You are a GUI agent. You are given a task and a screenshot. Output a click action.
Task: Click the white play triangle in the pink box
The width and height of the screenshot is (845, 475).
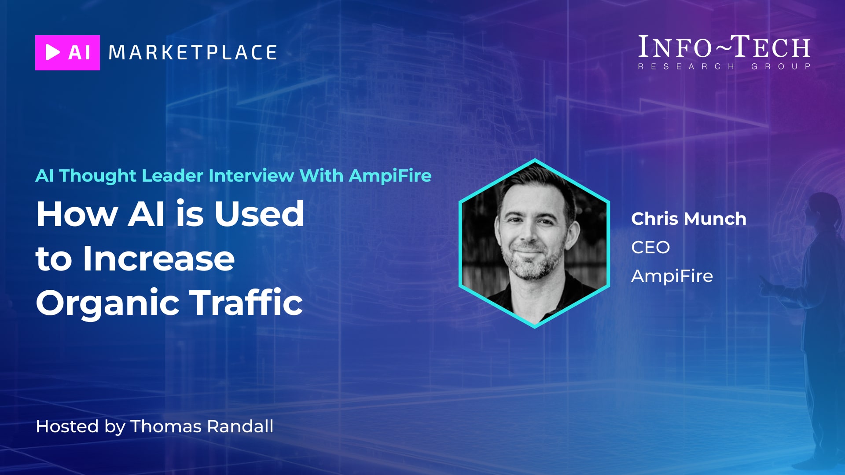coord(52,52)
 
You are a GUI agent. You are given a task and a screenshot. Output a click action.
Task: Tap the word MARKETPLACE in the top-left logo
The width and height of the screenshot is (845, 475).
coord(193,53)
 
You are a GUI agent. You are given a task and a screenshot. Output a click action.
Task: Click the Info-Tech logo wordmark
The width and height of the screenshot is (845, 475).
coord(724,47)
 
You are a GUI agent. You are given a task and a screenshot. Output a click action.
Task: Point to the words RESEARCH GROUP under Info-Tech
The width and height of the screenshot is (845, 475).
coord(724,66)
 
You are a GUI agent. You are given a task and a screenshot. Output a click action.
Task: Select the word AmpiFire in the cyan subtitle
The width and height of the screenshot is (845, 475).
coord(390,176)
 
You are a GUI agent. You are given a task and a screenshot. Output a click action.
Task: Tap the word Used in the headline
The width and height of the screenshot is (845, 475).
coord(259,214)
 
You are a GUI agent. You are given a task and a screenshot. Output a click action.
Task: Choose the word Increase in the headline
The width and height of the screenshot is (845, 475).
coord(159,258)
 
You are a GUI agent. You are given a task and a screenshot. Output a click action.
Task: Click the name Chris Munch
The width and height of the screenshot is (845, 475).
coord(689,219)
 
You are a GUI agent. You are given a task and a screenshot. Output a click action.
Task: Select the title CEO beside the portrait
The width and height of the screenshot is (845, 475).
coord(650,247)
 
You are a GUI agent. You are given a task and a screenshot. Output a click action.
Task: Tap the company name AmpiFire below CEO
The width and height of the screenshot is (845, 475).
coord(672,276)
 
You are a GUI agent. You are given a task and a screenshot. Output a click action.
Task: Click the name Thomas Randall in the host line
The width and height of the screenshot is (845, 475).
coord(202,426)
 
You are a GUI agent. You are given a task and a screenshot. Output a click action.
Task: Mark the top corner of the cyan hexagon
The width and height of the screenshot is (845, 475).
coord(535,159)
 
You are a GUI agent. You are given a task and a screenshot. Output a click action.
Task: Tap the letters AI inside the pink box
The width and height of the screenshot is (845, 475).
coord(79,53)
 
